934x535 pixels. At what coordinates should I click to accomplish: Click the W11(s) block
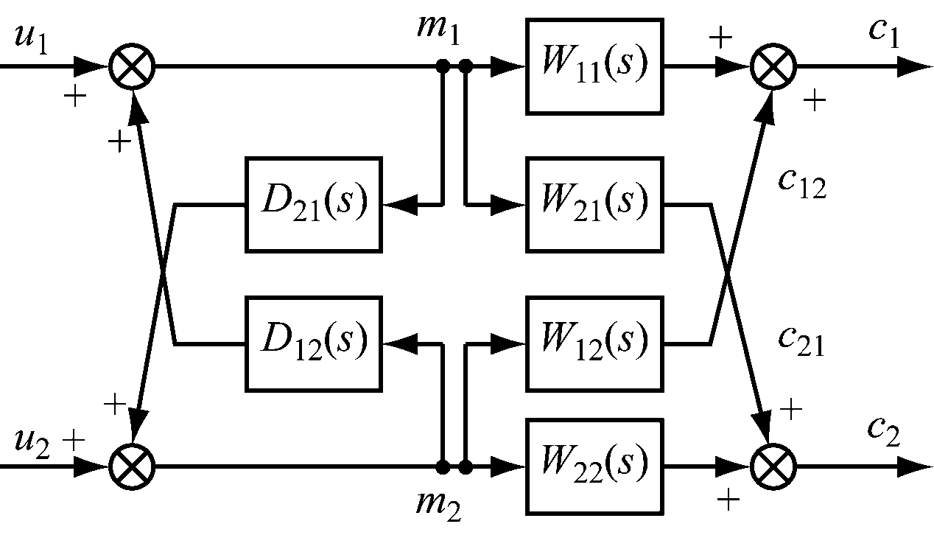tap(595, 66)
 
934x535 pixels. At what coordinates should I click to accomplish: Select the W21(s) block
tap(595, 204)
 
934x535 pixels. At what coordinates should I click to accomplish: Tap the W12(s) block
tap(595, 343)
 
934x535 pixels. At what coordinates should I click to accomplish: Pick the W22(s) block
tap(595, 466)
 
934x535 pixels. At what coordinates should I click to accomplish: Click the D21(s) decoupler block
tap(314, 204)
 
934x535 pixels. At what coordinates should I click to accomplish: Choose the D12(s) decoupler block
tap(314, 343)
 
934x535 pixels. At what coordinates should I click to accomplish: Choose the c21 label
tap(802, 341)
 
